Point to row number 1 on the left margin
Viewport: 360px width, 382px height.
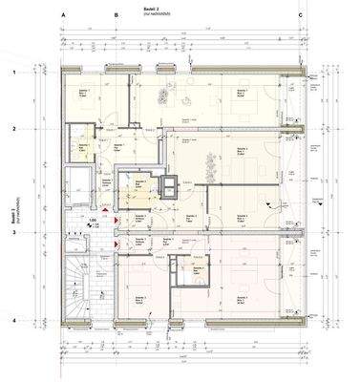point(14,73)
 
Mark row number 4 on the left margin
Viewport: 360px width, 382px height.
point(14,321)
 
